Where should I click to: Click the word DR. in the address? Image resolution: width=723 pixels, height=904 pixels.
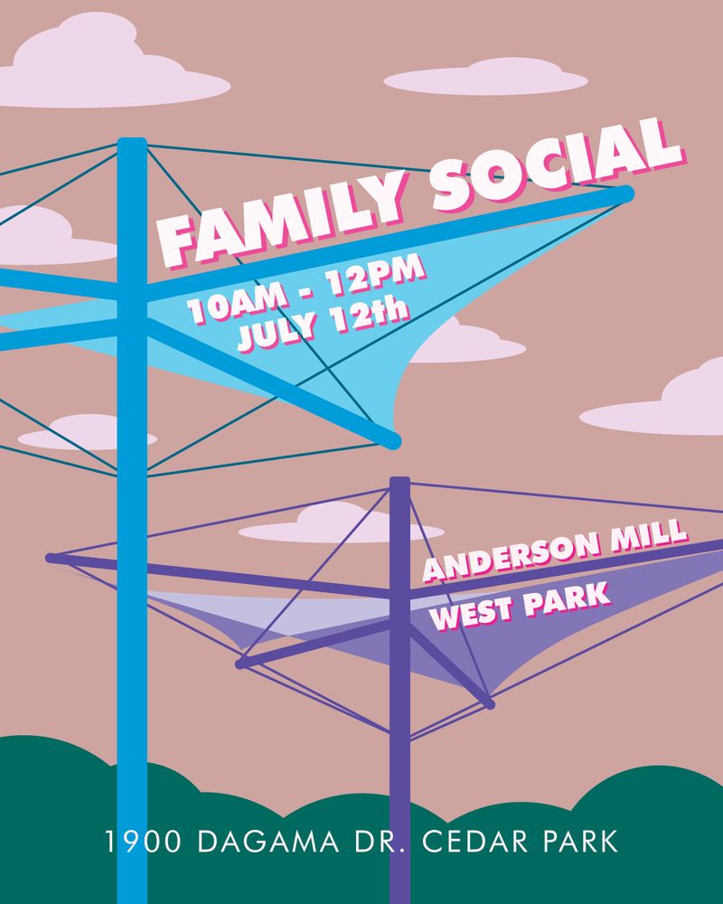(x=366, y=843)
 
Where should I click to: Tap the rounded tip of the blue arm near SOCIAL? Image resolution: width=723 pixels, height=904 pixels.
(x=627, y=193)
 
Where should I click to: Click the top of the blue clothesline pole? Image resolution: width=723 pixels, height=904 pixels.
(x=132, y=143)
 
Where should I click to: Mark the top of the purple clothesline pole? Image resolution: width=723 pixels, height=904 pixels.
(x=399, y=482)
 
